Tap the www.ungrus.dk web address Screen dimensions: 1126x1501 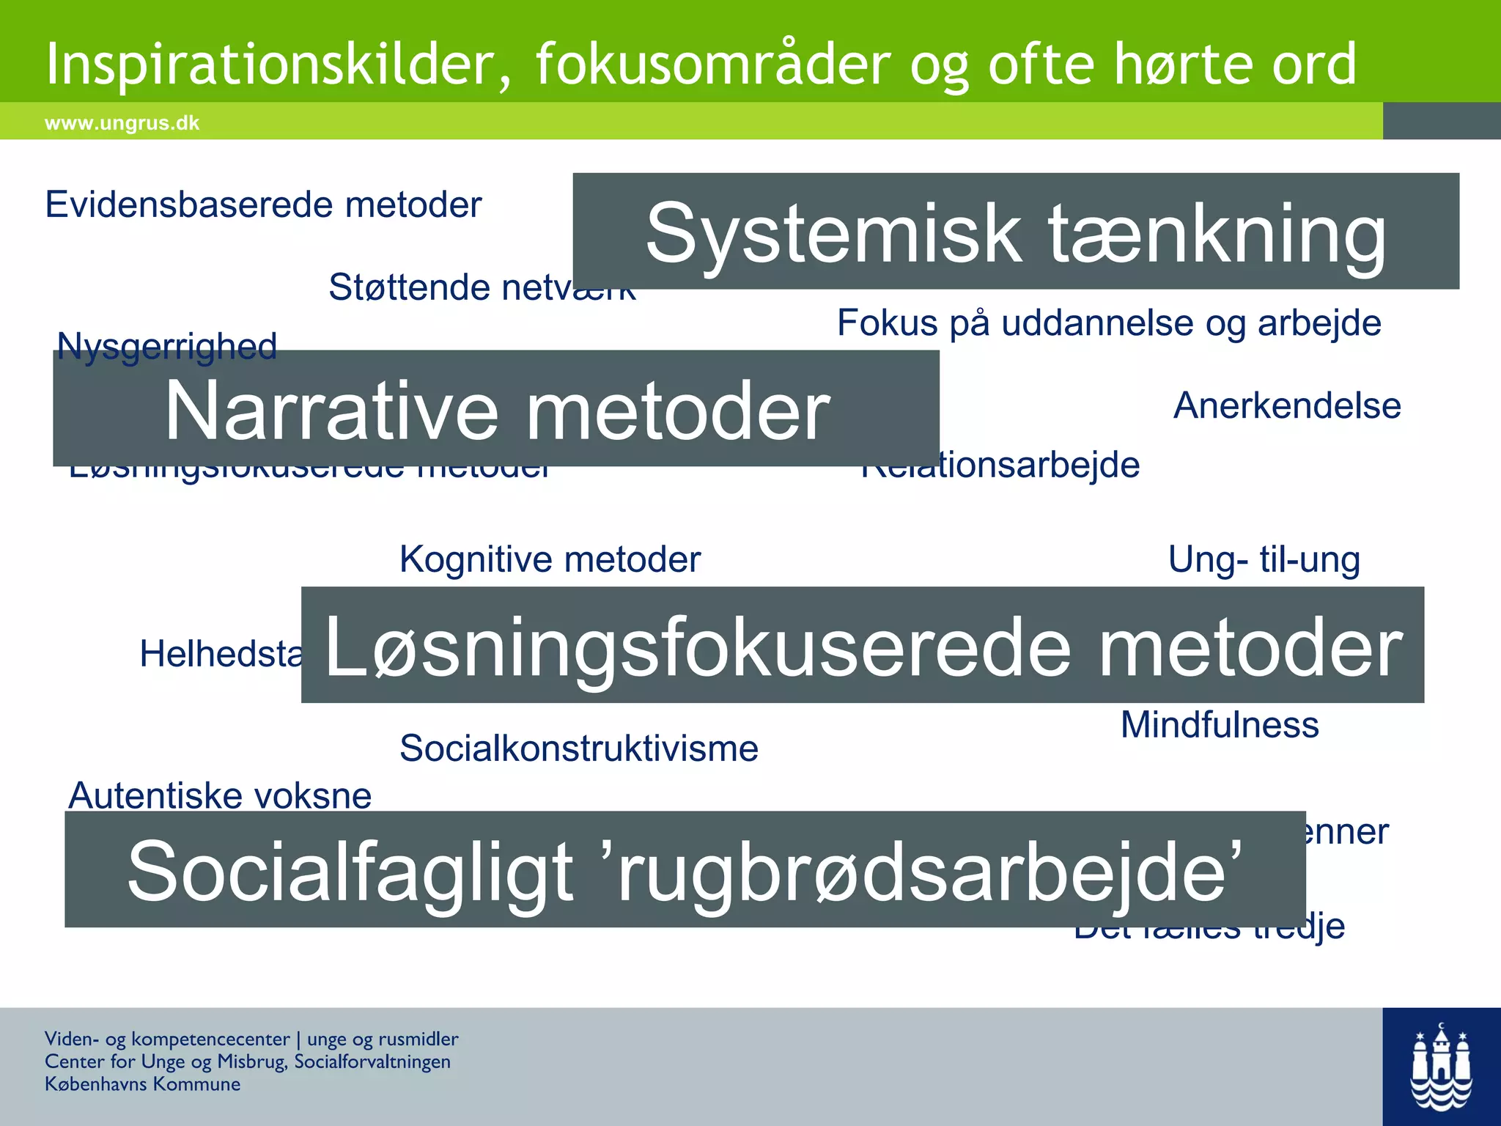click(x=122, y=123)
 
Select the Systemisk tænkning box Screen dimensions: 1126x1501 click(x=1016, y=232)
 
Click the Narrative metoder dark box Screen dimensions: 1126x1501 click(x=496, y=409)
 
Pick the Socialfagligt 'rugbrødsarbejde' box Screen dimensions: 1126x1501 click(x=685, y=869)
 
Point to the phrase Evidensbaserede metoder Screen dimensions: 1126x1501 click(x=263, y=205)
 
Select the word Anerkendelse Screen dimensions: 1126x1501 click(x=1287, y=405)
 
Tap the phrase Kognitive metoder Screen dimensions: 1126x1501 click(x=550, y=559)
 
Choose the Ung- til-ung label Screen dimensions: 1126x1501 click(x=1264, y=559)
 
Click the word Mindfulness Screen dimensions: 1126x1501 click(x=1220, y=725)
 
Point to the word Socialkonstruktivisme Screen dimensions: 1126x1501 click(x=579, y=748)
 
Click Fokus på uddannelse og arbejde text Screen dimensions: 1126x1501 click(x=1109, y=323)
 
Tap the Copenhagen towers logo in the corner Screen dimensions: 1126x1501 click(x=1441, y=1067)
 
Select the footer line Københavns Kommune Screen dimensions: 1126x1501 click(x=142, y=1084)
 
